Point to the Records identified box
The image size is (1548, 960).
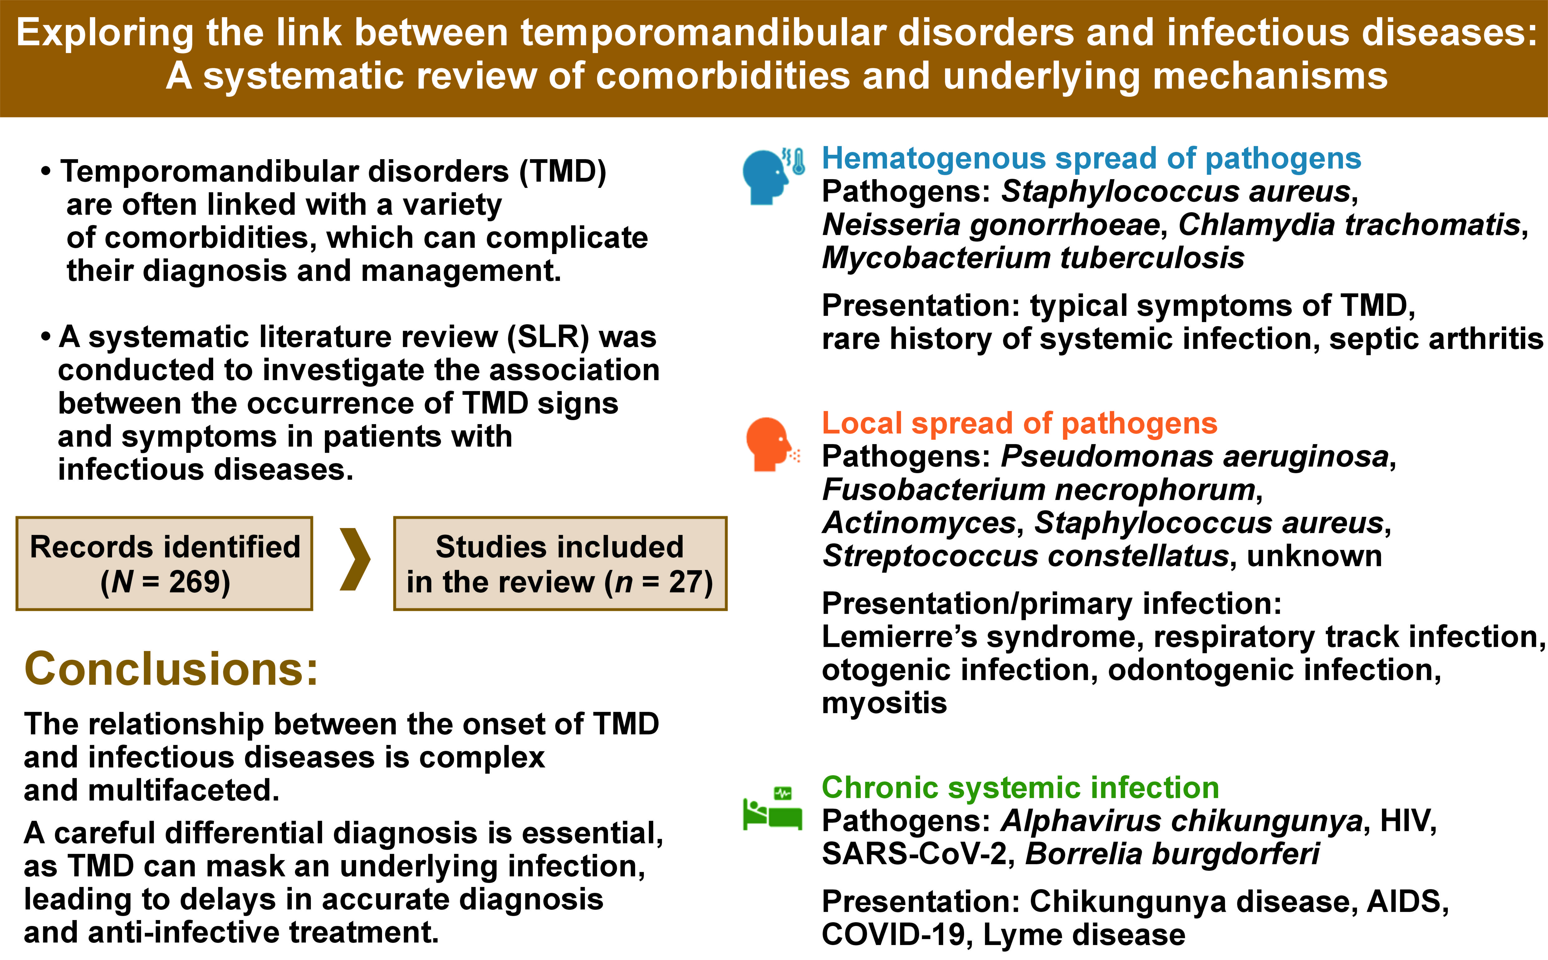[x=164, y=563]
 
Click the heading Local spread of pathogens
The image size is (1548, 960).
[x=1019, y=423]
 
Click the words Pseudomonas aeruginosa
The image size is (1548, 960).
[x=1194, y=457]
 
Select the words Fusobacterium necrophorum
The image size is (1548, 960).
[x=1039, y=490]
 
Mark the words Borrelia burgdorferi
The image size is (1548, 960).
[x=1172, y=854]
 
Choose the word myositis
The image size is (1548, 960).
[x=884, y=703]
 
